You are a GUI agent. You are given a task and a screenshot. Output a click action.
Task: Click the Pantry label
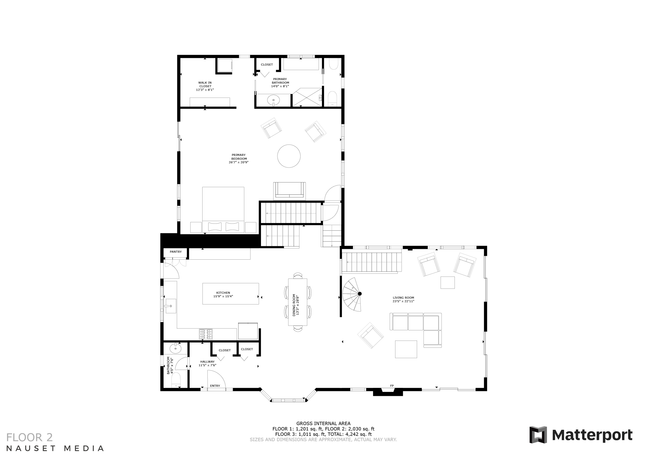point(176,252)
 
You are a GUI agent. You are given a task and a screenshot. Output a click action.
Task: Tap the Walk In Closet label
point(205,86)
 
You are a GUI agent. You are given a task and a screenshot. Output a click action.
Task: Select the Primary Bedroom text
point(238,159)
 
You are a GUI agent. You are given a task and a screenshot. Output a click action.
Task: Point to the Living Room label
point(403,299)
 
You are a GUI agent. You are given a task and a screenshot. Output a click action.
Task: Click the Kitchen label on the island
point(223,295)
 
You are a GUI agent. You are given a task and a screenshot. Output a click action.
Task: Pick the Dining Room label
point(296,305)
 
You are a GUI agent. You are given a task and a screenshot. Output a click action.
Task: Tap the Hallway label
point(207,363)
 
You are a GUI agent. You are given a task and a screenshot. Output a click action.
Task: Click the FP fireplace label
point(392,386)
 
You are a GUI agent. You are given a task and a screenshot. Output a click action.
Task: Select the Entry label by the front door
point(215,386)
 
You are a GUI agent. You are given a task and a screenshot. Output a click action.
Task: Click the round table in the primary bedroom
point(289,156)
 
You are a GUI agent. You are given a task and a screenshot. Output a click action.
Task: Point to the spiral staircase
point(352,295)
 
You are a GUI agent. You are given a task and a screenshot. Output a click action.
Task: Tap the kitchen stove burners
point(206,334)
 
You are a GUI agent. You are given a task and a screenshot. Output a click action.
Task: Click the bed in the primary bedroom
point(223,210)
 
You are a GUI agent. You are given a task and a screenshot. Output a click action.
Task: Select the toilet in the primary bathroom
point(333,98)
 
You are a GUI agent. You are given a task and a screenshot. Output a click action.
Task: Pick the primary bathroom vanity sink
point(273,100)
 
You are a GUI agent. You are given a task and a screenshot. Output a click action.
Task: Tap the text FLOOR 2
point(29,437)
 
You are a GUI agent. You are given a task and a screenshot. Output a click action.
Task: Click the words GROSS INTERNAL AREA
point(323,423)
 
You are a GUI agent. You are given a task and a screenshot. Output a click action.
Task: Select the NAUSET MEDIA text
point(55,448)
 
